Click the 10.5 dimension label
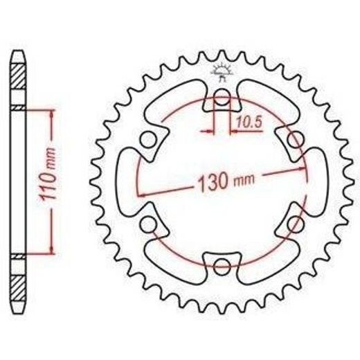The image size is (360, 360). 249,122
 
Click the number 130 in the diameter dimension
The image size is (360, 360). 213,182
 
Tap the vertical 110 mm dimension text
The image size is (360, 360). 47,173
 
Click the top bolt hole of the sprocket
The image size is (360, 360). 222,97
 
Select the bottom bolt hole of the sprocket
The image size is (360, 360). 222,267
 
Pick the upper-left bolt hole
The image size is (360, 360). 148,140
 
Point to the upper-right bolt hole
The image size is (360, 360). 296,140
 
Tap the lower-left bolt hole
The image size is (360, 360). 148,224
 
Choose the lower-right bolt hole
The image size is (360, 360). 296,224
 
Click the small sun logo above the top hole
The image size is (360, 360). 222,71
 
